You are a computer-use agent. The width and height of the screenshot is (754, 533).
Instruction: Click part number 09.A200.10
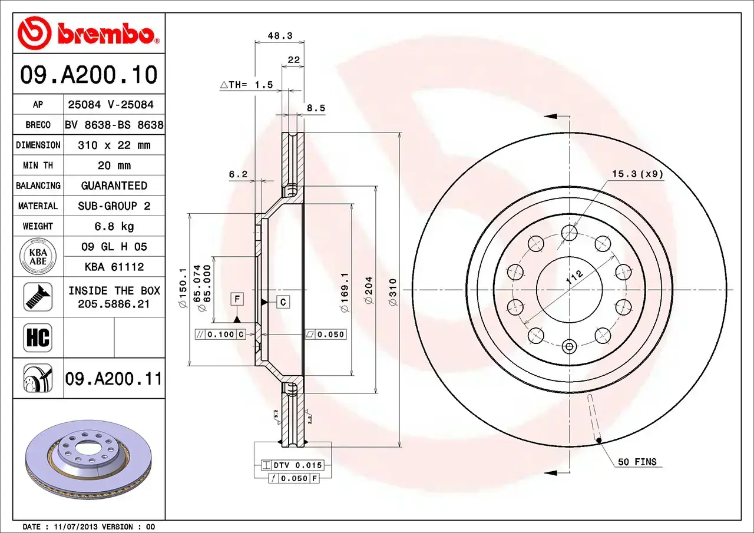click(x=88, y=75)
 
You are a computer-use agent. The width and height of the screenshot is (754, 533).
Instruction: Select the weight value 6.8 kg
click(x=114, y=226)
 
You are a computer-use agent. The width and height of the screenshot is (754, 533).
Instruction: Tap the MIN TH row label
click(x=38, y=165)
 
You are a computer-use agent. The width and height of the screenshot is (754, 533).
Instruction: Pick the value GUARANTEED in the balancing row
click(x=114, y=186)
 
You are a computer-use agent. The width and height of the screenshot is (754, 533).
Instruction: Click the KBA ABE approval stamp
click(x=38, y=257)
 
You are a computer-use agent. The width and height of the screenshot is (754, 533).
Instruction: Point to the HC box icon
click(x=38, y=338)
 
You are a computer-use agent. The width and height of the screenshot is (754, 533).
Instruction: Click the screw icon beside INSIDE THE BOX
click(x=38, y=297)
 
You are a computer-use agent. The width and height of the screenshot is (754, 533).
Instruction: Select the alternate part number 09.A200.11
click(x=114, y=379)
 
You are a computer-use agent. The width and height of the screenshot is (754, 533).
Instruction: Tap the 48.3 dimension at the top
click(x=280, y=35)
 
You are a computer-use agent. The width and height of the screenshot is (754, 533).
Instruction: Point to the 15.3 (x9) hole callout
click(x=637, y=174)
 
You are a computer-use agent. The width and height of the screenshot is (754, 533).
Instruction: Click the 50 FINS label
click(x=637, y=462)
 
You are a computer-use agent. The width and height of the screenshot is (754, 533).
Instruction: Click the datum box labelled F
click(x=237, y=299)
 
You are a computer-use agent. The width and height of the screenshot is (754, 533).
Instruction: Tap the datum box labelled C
click(x=283, y=302)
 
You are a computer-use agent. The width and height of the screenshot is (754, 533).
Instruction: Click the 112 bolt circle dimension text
click(x=574, y=278)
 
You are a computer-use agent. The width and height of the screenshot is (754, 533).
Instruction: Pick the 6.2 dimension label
click(x=238, y=174)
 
